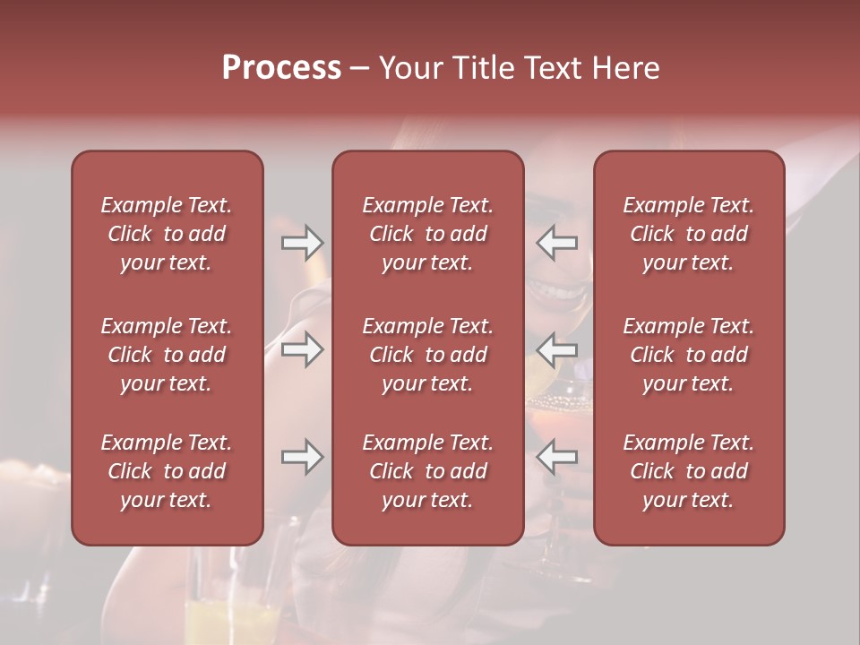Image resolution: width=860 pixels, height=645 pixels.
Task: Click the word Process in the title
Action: pos(281,68)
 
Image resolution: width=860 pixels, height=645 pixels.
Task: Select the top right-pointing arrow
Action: pos(302,243)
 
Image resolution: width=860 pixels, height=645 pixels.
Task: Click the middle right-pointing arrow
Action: pos(302,349)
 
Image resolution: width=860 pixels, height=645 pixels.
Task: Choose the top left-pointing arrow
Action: pos(556,243)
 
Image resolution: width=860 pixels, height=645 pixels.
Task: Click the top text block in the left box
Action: pos(167,234)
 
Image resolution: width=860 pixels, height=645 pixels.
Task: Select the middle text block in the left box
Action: pos(167,355)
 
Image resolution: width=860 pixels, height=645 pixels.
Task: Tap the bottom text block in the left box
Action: pos(167,471)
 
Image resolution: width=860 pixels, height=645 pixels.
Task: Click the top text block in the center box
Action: pos(428,234)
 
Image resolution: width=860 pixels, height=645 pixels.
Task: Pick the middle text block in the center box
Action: pos(428,355)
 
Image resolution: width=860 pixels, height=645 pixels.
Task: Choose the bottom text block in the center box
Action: pos(428,471)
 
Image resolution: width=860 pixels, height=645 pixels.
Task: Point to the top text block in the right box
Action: pos(689,234)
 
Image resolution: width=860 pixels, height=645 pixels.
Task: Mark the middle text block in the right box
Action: pos(689,355)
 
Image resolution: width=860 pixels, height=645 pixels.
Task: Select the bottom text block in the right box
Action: pos(689,471)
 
